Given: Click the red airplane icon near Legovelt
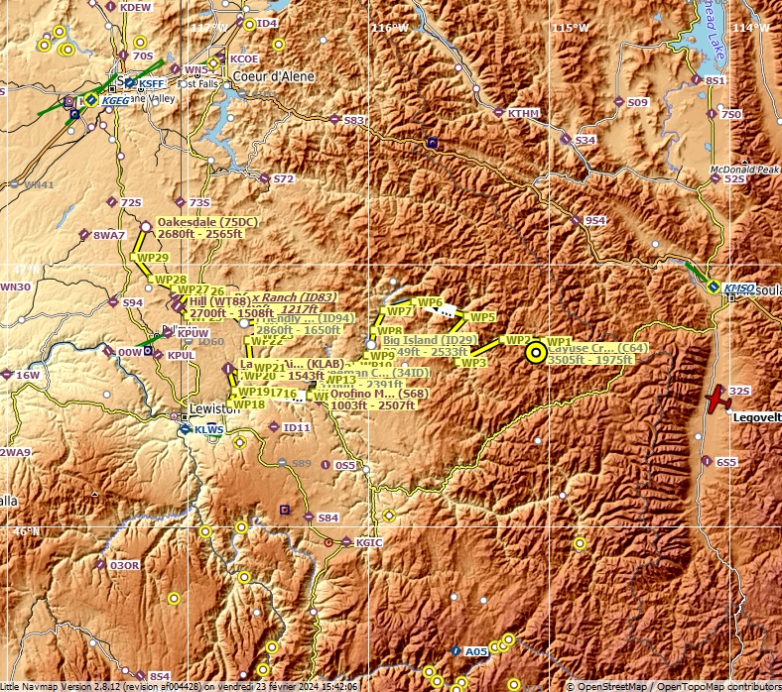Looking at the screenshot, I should tap(715, 400).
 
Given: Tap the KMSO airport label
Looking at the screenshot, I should tap(739, 288).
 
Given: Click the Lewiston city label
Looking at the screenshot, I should tap(213, 408).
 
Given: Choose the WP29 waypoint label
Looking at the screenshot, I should tap(152, 258).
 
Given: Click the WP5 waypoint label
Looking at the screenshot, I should tap(482, 317).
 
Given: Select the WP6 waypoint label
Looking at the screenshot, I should tap(430, 302).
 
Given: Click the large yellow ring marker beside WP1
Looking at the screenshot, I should tap(536, 352).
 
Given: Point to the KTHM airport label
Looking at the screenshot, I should tap(523, 114).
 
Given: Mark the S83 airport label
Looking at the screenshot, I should tap(354, 120).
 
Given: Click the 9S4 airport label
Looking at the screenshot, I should tap(595, 220).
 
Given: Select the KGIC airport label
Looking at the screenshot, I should tap(369, 542).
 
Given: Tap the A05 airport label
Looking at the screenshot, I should tap(476, 651).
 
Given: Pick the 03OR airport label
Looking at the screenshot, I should tap(125, 565).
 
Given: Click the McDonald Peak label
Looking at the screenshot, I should tap(743, 170).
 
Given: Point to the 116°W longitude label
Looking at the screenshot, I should tap(389, 28).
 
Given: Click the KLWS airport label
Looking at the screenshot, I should tap(208, 430).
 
